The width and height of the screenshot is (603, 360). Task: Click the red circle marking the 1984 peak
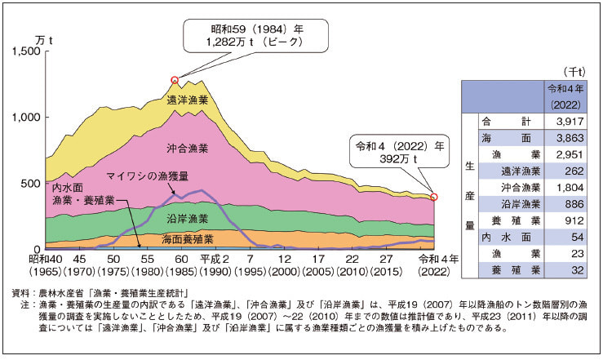coord(175,80)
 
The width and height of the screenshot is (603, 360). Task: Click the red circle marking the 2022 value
coord(434,197)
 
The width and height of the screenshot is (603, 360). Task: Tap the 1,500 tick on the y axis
coord(27,51)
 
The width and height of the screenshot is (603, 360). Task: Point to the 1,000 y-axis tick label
coord(27,118)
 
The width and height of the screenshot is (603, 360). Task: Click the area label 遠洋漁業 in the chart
coord(188,100)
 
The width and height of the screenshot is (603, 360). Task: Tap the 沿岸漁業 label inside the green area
coord(188,219)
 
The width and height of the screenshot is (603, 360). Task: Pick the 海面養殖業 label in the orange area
coord(188,239)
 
